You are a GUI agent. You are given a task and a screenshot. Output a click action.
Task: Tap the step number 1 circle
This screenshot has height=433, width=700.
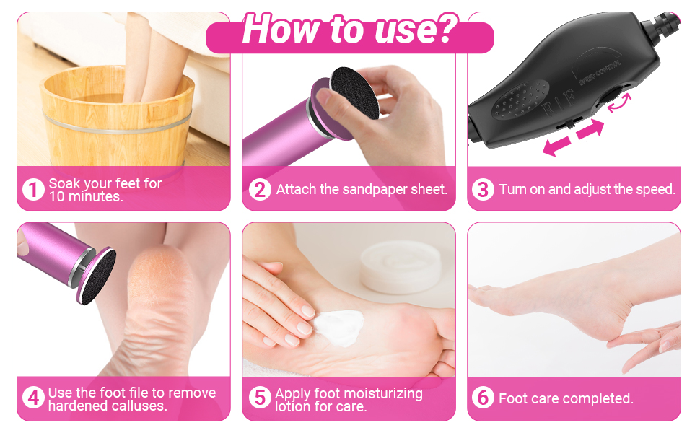tap(33, 190)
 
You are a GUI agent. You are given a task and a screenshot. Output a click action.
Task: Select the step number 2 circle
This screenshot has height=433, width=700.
tap(260, 190)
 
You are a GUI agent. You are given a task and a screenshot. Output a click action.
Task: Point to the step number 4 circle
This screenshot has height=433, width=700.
tap(33, 398)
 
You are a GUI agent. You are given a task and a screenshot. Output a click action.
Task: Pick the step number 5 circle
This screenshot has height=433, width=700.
tap(260, 398)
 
